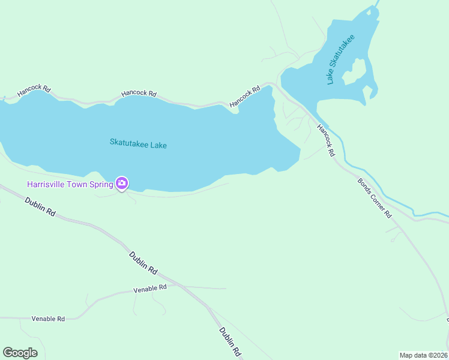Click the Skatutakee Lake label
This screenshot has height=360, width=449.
pos(138,144)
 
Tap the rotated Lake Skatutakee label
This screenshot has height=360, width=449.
pos(340,59)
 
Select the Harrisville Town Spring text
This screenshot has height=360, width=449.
pos(70,184)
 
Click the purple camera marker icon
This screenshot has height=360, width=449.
pos(122,183)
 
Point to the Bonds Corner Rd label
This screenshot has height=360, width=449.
pos(375,197)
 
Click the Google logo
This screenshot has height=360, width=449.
pos(20,353)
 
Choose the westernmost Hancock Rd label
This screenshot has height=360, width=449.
pos(34,91)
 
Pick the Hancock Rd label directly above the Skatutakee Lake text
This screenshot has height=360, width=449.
pos(139,94)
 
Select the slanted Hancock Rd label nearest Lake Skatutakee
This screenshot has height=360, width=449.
pos(245,97)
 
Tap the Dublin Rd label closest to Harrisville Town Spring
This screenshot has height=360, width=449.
pos(40,207)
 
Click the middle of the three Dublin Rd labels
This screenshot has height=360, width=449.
pos(143,262)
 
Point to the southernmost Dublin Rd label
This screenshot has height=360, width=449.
pos(229,341)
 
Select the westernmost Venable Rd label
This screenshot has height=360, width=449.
pos(48,319)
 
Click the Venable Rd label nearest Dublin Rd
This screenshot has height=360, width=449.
pos(149,289)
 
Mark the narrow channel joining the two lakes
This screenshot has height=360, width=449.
pos(277,89)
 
